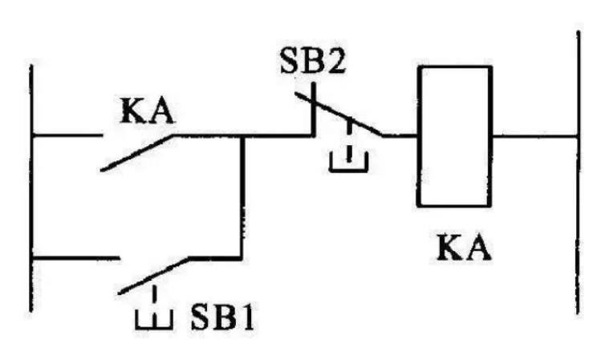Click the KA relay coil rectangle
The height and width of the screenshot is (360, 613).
tap(453, 136)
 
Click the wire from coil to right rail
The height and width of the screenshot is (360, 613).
tap(534, 136)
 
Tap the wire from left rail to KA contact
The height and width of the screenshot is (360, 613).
tap(68, 136)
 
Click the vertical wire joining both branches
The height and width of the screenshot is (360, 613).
tap(242, 196)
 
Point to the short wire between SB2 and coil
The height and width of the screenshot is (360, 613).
tap(400, 136)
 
